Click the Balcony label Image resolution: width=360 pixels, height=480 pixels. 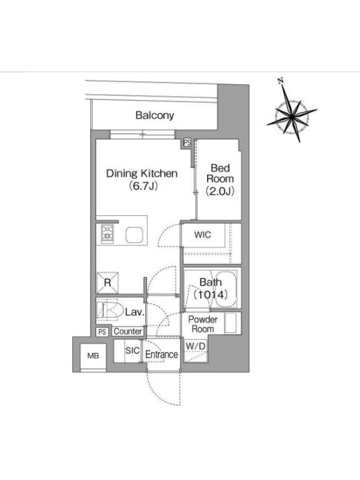point(155,115)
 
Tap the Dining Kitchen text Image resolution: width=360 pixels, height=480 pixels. point(142,173)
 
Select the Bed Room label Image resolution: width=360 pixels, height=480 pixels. point(220,173)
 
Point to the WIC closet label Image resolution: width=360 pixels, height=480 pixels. point(202,235)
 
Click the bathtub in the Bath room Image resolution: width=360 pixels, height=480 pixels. point(226,289)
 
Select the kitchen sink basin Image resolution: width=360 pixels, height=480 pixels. point(134,235)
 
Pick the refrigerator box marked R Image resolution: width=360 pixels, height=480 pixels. point(107,283)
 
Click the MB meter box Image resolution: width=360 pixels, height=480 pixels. point(93,356)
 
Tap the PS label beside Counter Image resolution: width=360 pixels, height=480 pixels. point(102,332)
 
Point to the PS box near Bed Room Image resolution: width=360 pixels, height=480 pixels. point(187,143)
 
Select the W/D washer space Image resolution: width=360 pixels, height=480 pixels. point(196,351)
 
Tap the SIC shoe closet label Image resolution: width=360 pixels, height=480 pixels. point(132,350)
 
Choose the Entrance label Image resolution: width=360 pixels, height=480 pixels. point(161,355)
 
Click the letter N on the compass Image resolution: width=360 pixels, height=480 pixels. point(280,81)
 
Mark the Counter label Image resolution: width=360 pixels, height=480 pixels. point(128,332)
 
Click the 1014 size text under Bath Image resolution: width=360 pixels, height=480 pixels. point(211,295)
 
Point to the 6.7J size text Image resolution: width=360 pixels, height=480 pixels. point(143,185)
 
